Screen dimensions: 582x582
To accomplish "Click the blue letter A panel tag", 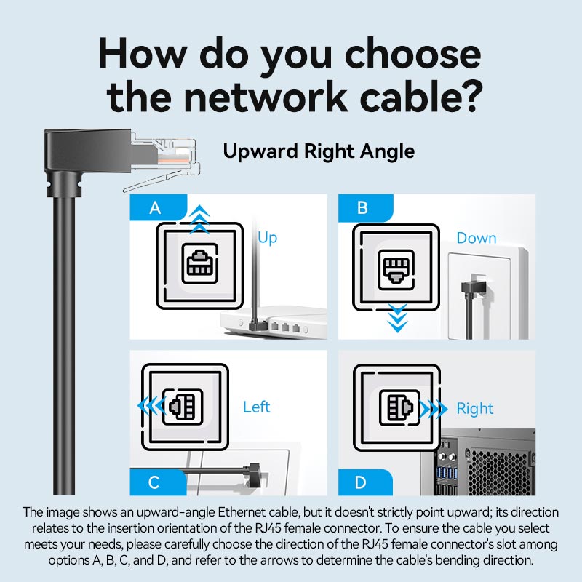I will click(155, 208).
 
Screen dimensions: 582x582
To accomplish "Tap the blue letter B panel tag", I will click(363, 208).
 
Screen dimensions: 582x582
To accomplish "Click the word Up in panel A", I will click(268, 238).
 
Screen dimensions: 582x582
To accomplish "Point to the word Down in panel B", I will click(477, 238).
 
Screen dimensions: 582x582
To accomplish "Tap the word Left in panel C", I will click(256, 407).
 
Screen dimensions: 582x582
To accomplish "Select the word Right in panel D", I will click(475, 408).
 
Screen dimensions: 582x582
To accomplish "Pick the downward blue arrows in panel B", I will click(396, 319).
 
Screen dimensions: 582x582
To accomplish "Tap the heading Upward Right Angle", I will click(319, 151).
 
